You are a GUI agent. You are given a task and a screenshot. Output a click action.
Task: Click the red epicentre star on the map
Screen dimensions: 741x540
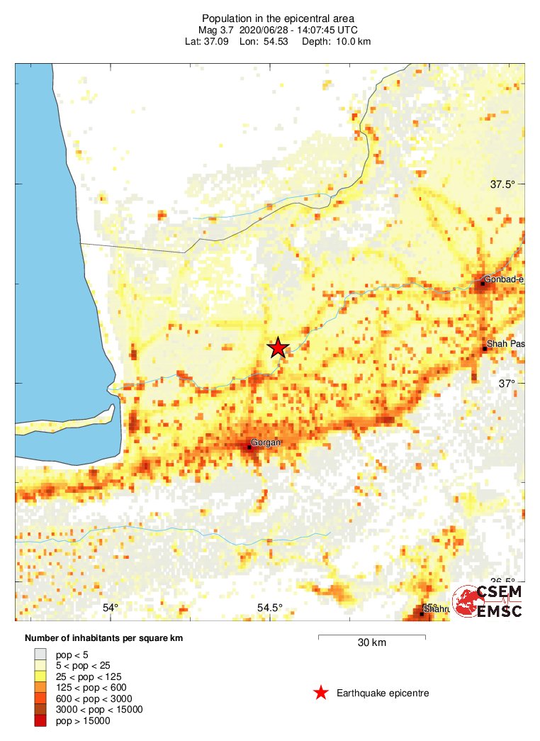click(x=278, y=347)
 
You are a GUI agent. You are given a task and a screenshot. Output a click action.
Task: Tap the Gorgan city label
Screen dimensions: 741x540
click(x=266, y=442)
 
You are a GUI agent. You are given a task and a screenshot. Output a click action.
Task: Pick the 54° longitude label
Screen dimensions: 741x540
click(x=110, y=608)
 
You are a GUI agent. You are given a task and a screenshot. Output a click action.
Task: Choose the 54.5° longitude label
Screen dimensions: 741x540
click(x=269, y=608)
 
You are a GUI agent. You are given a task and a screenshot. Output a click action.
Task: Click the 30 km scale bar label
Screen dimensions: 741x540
click(x=371, y=643)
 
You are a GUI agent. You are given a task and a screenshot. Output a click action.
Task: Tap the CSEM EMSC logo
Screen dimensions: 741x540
click(x=489, y=602)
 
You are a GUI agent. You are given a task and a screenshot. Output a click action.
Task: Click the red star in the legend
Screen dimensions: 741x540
click(x=321, y=693)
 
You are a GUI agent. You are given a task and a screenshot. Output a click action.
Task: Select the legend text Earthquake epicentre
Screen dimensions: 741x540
click(x=383, y=693)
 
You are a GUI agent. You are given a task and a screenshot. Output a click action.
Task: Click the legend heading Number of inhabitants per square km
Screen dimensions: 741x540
click(x=104, y=638)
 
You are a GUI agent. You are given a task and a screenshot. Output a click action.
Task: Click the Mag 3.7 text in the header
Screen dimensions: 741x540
click(x=217, y=30)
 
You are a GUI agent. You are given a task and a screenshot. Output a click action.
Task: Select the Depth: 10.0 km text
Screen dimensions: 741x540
click(x=337, y=41)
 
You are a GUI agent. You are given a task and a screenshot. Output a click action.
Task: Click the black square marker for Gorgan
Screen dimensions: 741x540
click(x=249, y=447)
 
